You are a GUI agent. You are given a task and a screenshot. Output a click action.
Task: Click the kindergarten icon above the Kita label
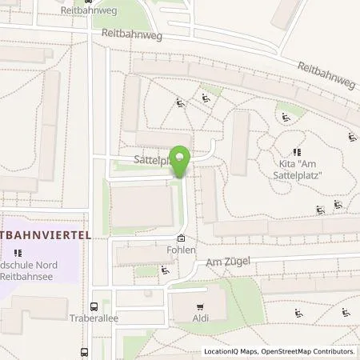click(297, 151)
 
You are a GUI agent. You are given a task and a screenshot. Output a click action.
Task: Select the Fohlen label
click(180, 249)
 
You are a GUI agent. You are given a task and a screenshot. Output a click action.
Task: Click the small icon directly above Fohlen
click(181, 238)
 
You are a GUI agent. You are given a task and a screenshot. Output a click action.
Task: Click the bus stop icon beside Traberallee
click(94, 306)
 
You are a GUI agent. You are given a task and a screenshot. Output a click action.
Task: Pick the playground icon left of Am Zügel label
click(165, 270)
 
